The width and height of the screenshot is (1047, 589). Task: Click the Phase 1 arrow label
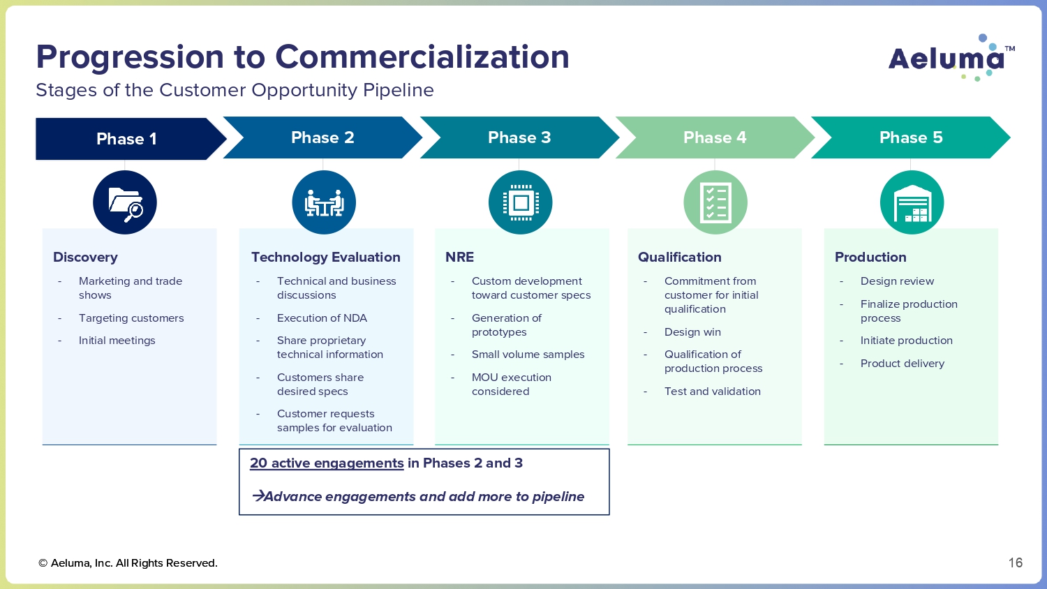coord(126,139)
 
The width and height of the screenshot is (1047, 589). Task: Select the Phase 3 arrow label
coord(519,137)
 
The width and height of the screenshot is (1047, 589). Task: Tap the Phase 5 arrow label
coord(911,137)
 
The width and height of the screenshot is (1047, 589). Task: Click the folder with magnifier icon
coord(125,202)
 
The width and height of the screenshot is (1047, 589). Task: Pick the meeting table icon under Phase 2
coord(324,202)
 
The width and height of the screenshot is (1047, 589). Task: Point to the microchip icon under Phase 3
coord(521,202)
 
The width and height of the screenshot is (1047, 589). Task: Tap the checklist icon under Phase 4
coord(715,202)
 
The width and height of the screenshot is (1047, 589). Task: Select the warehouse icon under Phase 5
coord(912,202)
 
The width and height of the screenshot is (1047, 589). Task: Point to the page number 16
coord(1015,562)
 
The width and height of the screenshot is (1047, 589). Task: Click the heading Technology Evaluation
coord(326,257)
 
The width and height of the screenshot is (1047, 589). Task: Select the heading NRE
coord(459,257)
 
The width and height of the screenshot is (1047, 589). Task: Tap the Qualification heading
coord(680,257)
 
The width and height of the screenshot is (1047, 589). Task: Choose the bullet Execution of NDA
coord(322,318)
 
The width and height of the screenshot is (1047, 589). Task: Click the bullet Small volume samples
coord(528,355)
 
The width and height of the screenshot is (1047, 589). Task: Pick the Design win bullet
coord(692,332)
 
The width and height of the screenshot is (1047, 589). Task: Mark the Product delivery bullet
coord(902,364)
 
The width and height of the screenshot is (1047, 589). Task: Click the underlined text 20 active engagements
coord(327,463)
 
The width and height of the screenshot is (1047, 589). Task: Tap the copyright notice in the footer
coord(128,563)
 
